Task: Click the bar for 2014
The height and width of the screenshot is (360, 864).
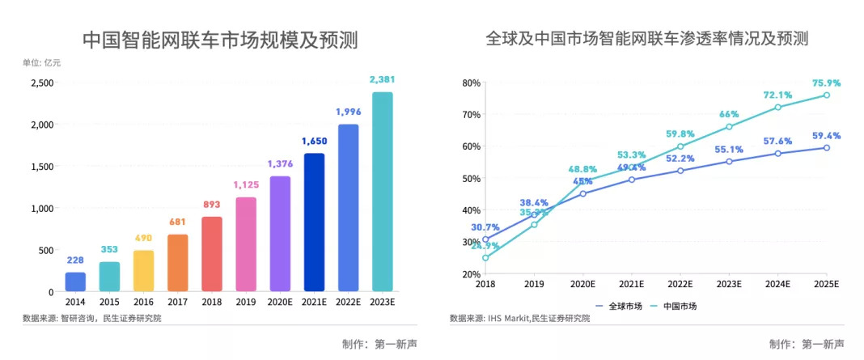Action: [x=75, y=282]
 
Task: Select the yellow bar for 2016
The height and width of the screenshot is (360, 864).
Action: [x=143, y=271]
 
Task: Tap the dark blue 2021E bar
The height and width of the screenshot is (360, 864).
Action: [x=314, y=222]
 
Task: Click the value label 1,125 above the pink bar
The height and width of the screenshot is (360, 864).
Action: [x=245, y=184]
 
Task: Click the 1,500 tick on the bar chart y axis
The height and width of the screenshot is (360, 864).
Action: [x=41, y=167]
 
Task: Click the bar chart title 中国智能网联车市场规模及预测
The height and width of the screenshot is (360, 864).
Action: [x=221, y=40]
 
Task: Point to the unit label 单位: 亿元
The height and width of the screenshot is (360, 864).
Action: [x=41, y=63]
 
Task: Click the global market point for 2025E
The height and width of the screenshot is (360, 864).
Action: [x=826, y=147]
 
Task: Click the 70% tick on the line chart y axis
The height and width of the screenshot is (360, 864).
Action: [x=470, y=114]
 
